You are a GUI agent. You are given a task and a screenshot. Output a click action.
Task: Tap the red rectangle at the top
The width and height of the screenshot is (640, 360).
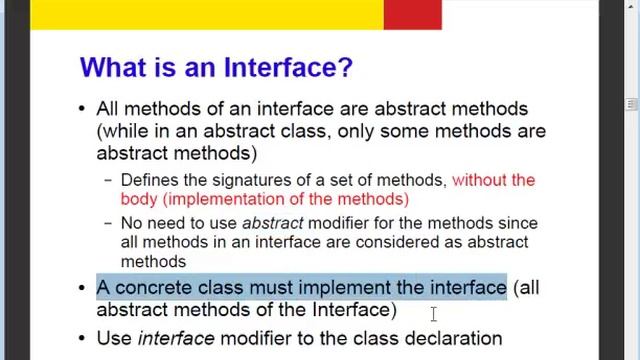[x=412, y=14]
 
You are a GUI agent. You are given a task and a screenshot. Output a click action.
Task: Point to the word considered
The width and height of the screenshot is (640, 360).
[x=382, y=242]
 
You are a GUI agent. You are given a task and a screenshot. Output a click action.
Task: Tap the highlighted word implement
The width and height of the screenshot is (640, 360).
[x=345, y=288]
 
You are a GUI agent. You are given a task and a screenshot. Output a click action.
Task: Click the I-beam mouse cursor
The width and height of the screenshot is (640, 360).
[x=433, y=315]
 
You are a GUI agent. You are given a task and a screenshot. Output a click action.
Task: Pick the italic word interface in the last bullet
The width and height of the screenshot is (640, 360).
[x=176, y=338]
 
